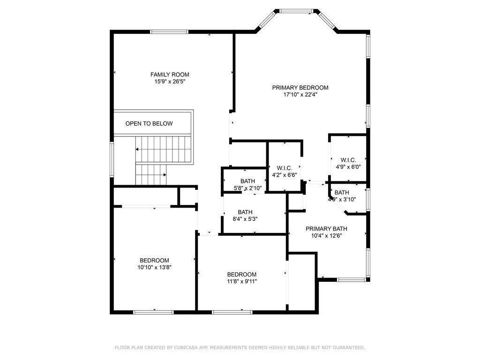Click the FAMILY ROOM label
point(170,75)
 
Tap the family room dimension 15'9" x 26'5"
point(170,82)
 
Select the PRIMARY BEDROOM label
point(300,88)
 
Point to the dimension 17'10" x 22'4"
point(300,95)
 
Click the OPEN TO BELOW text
point(149,123)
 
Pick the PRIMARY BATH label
point(326,229)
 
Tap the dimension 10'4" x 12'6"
point(326,236)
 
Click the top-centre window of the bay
point(296,11)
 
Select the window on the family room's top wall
point(169,31)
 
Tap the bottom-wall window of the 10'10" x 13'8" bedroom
point(154,312)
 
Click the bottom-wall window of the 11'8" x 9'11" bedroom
point(232,312)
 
